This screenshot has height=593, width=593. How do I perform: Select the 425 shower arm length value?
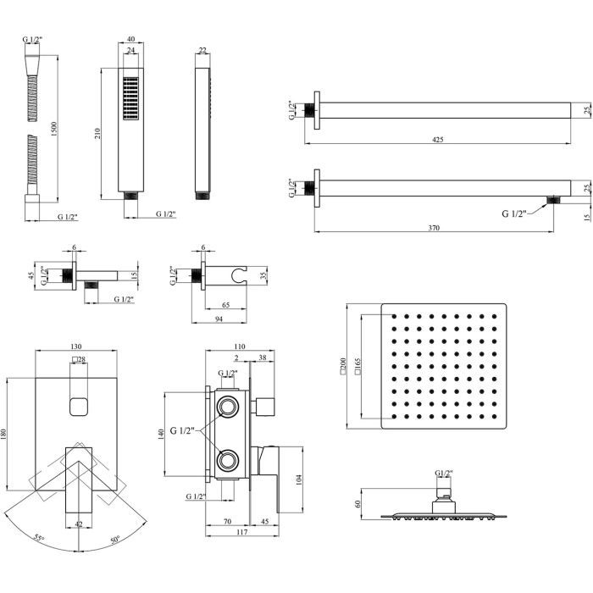coord(436,139)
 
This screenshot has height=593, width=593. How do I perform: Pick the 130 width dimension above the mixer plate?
coord(77,347)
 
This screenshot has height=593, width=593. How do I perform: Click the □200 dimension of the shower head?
coord(342,366)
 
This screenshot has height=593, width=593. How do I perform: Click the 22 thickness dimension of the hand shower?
coord(202,51)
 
